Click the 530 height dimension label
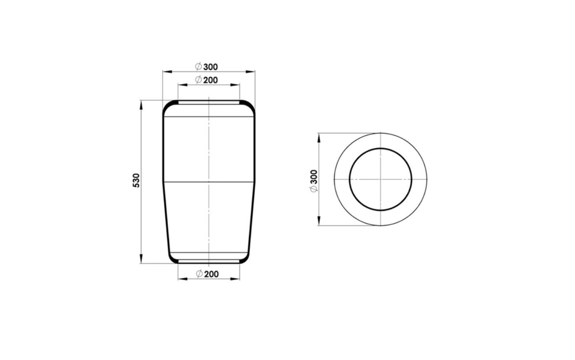tap(136, 181)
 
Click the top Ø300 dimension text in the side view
tap(206, 67)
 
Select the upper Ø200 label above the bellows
tap(206, 80)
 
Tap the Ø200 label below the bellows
tap(207, 274)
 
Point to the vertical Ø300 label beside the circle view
tap(314, 181)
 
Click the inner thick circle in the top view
tap(350, 179)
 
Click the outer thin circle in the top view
tap(334, 179)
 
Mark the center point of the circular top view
tap(381, 179)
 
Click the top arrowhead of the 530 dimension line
tap(140, 104)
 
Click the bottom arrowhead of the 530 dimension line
tap(140, 259)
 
